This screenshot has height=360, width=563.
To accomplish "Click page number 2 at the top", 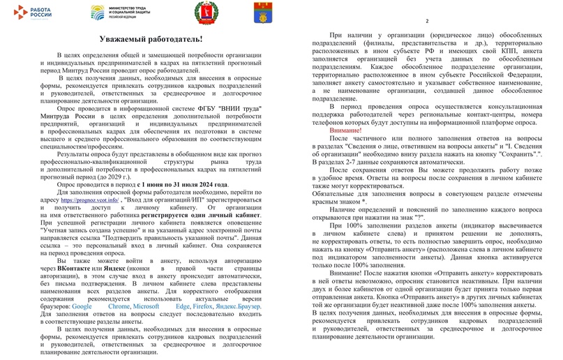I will pos(426,21).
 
